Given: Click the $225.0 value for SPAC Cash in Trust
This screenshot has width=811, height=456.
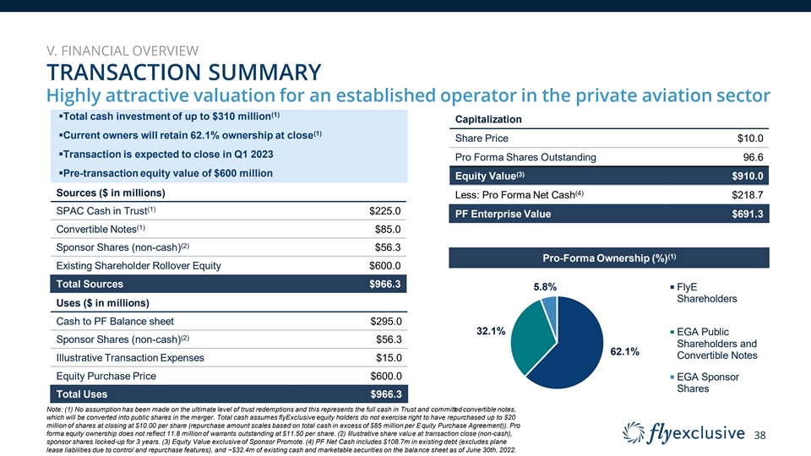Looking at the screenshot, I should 384,210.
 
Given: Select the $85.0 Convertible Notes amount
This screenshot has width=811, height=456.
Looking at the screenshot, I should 387,229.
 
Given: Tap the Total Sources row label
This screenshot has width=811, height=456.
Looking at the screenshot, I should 89,285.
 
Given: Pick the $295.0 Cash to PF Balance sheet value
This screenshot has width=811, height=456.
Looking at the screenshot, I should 384,321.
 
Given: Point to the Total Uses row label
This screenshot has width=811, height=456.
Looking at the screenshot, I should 82,394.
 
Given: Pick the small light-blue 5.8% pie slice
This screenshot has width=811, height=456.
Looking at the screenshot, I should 549,303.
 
